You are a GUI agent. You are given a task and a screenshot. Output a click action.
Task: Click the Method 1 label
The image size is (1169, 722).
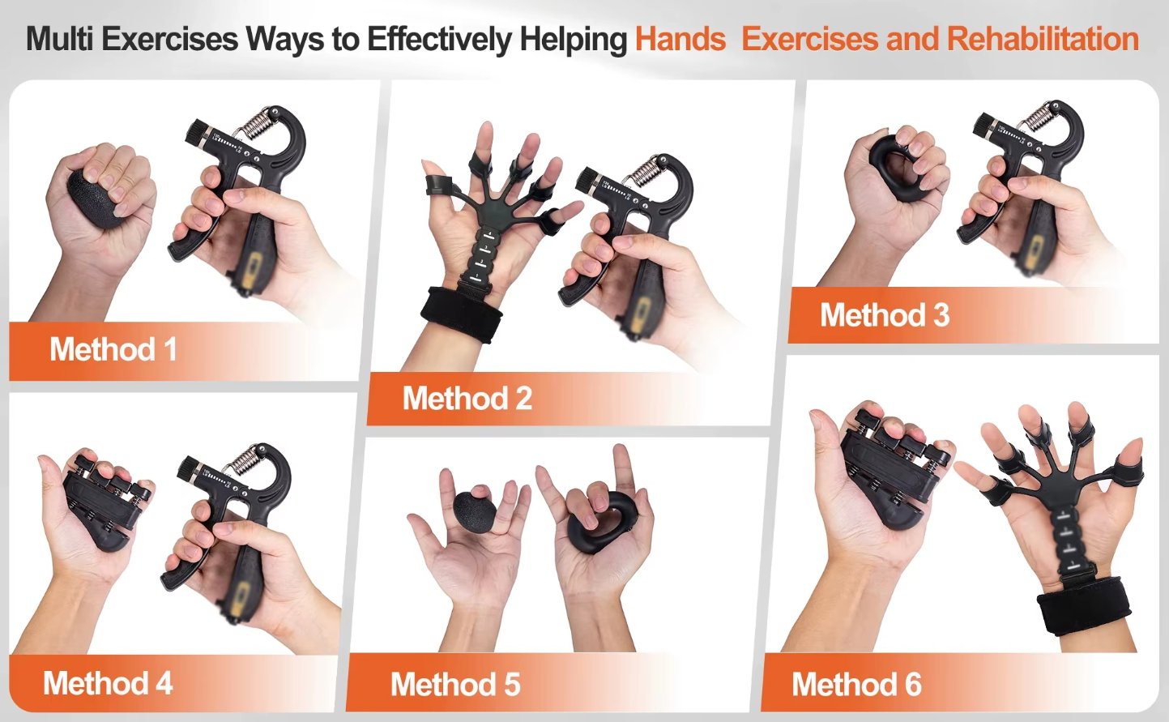click(x=113, y=349)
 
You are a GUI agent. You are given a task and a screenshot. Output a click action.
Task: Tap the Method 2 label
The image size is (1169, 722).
click(x=467, y=399)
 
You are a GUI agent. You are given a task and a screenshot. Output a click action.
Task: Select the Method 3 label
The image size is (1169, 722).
click(x=885, y=314)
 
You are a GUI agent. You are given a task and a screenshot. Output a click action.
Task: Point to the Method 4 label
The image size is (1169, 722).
click(x=108, y=683)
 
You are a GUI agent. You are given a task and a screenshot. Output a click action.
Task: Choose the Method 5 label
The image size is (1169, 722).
click(x=455, y=684)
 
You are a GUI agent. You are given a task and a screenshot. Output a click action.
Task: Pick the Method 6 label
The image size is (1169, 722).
click(x=856, y=684)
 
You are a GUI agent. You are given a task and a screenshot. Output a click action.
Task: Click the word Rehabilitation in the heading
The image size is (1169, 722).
click(x=1043, y=39)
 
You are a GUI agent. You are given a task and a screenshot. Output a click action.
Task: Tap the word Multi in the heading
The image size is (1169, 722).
click(x=59, y=39)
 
